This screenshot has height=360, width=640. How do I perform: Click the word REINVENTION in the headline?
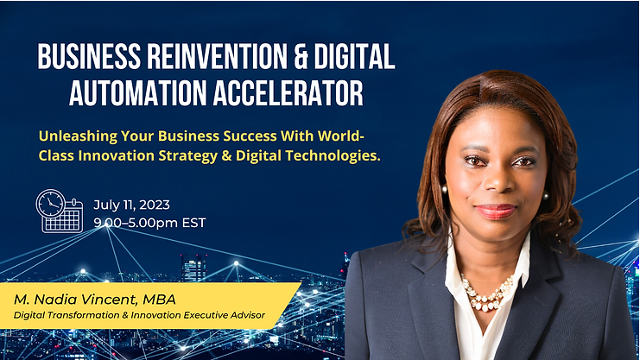tap(217, 56)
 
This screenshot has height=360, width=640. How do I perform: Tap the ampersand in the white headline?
tap(300, 56)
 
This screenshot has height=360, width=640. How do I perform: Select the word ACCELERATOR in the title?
tap(288, 93)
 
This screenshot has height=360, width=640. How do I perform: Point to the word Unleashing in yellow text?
tap(78, 136)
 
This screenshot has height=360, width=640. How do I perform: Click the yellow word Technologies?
tap(333, 156)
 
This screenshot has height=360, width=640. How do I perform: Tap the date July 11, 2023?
tap(131, 205)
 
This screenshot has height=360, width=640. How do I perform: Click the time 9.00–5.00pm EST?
tap(149, 223)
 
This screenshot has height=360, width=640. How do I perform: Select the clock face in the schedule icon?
tap(51, 203)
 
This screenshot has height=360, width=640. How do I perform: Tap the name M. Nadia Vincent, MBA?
tap(95, 300)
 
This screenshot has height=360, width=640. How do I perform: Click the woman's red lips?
tap(496, 211)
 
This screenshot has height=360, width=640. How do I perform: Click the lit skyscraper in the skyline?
tap(193, 268)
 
